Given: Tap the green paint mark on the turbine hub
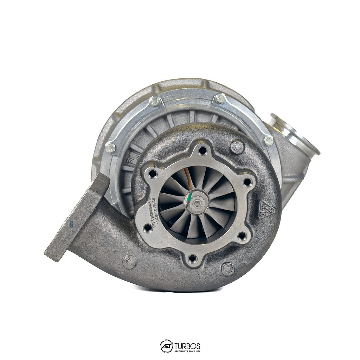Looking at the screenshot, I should (x=189, y=197).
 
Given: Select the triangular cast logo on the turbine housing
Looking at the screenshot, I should (x=266, y=210).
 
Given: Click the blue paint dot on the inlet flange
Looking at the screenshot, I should (x=71, y=224).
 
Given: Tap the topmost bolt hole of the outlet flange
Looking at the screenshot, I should (x=203, y=150).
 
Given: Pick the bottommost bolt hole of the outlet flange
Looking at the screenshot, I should (x=192, y=259).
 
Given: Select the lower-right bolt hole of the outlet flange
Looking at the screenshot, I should (x=242, y=236).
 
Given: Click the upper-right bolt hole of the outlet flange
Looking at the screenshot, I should (x=247, y=182).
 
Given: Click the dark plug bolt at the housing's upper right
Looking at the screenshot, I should (x=237, y=147).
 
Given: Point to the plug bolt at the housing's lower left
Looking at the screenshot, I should (x=129, y=262).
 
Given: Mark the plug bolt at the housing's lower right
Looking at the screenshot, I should (x=228, y=269).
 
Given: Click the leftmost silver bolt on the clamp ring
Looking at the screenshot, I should (x=110, y=148).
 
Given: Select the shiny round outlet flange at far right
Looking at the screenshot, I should (x=295, y=134).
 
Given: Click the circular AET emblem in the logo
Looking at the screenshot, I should (x=166, y=346).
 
